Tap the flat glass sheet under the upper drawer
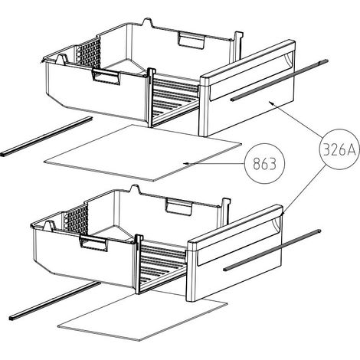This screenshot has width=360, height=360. point(142,152)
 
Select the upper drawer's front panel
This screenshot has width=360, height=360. point(247,88)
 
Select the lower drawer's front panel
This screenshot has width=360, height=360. point(234,254)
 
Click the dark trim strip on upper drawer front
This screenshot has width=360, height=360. point(279,80)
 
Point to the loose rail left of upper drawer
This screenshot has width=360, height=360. point(46,136)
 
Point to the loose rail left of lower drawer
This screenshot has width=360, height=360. point(55,301)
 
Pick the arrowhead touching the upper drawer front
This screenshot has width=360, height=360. point(271,103)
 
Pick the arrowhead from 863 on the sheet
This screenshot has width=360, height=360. point(186,163)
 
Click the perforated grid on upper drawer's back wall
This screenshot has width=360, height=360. point(89,54)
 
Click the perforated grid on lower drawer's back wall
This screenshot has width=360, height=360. point(76,220)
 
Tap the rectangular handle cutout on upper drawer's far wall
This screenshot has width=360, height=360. point(191,41)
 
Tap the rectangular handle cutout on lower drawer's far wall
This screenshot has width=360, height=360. point(178,206)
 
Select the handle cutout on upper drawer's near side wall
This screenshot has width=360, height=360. point(106,77)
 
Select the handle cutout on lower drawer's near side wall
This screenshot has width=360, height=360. point(93,243)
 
